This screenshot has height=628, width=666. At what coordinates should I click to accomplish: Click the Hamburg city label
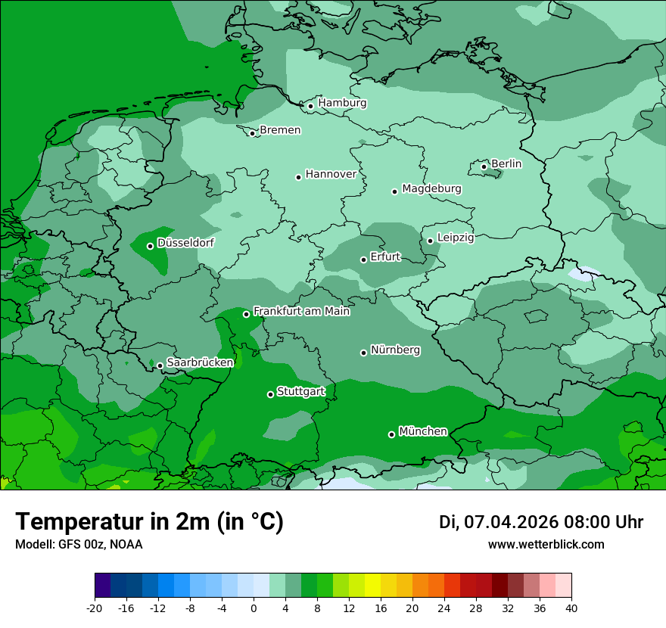click(x=342, y=103)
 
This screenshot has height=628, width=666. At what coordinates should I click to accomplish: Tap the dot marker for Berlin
click(x=484, y=166)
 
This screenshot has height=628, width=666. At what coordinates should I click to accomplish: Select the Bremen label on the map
click(x=280, y=130)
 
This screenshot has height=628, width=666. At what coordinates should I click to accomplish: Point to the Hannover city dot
click(x=299, y=177)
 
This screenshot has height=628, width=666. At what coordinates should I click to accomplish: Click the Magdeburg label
click(x=431, y=188)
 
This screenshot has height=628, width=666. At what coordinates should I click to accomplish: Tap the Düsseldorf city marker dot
click(x=150, y=246)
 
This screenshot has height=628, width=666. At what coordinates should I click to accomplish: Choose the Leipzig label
click(x=456, y=238)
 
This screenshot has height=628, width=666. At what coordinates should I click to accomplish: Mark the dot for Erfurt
click(x=363, y=260)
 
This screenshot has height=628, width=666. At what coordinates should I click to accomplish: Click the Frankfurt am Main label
click(x=301, y=311)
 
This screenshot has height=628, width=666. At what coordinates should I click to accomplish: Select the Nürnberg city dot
click(x=364, y=353)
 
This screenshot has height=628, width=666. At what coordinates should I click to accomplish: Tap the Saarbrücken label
click(x=200, y=362)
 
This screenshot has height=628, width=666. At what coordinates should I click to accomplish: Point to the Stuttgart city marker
click(x=270, y=394)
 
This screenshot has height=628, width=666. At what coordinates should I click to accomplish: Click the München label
click(x=423, y=431)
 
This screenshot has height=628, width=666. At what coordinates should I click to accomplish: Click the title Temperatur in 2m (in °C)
click(x=149, y=522)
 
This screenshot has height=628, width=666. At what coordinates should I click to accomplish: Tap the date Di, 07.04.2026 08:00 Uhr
click(x=541, y=522)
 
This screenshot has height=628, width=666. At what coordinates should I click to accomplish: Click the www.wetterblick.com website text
click(x=546, y=545)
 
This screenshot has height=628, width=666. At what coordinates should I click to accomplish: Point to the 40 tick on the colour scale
click(x=571, y=608)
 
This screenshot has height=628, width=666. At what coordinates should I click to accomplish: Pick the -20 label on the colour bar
click(x=95, y=608)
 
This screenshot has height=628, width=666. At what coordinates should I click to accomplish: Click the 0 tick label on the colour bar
click(x=254, y=608)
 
